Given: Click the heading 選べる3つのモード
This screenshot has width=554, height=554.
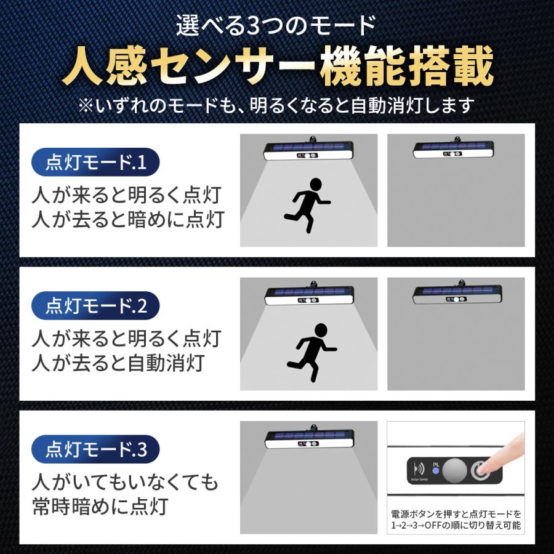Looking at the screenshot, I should click(x=276, y=26).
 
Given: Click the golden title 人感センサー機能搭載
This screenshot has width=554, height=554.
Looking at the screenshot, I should click(x=278, y=66).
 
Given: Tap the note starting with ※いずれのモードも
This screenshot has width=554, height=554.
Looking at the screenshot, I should click(x=277, y=105).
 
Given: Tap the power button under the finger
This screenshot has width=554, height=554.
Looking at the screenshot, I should click(x=481, y=470).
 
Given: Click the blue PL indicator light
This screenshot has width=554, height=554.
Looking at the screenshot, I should click(x=435, y=471).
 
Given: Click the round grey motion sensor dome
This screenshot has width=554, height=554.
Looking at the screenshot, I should click(x=456, y=470).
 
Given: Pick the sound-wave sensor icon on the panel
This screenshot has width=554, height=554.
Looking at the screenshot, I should click(x=419, y=468).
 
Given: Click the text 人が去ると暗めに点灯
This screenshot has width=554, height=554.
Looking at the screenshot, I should click(x=127, y=220).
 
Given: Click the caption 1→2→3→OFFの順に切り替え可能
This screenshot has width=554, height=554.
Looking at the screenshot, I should click(x=456, y=525).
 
